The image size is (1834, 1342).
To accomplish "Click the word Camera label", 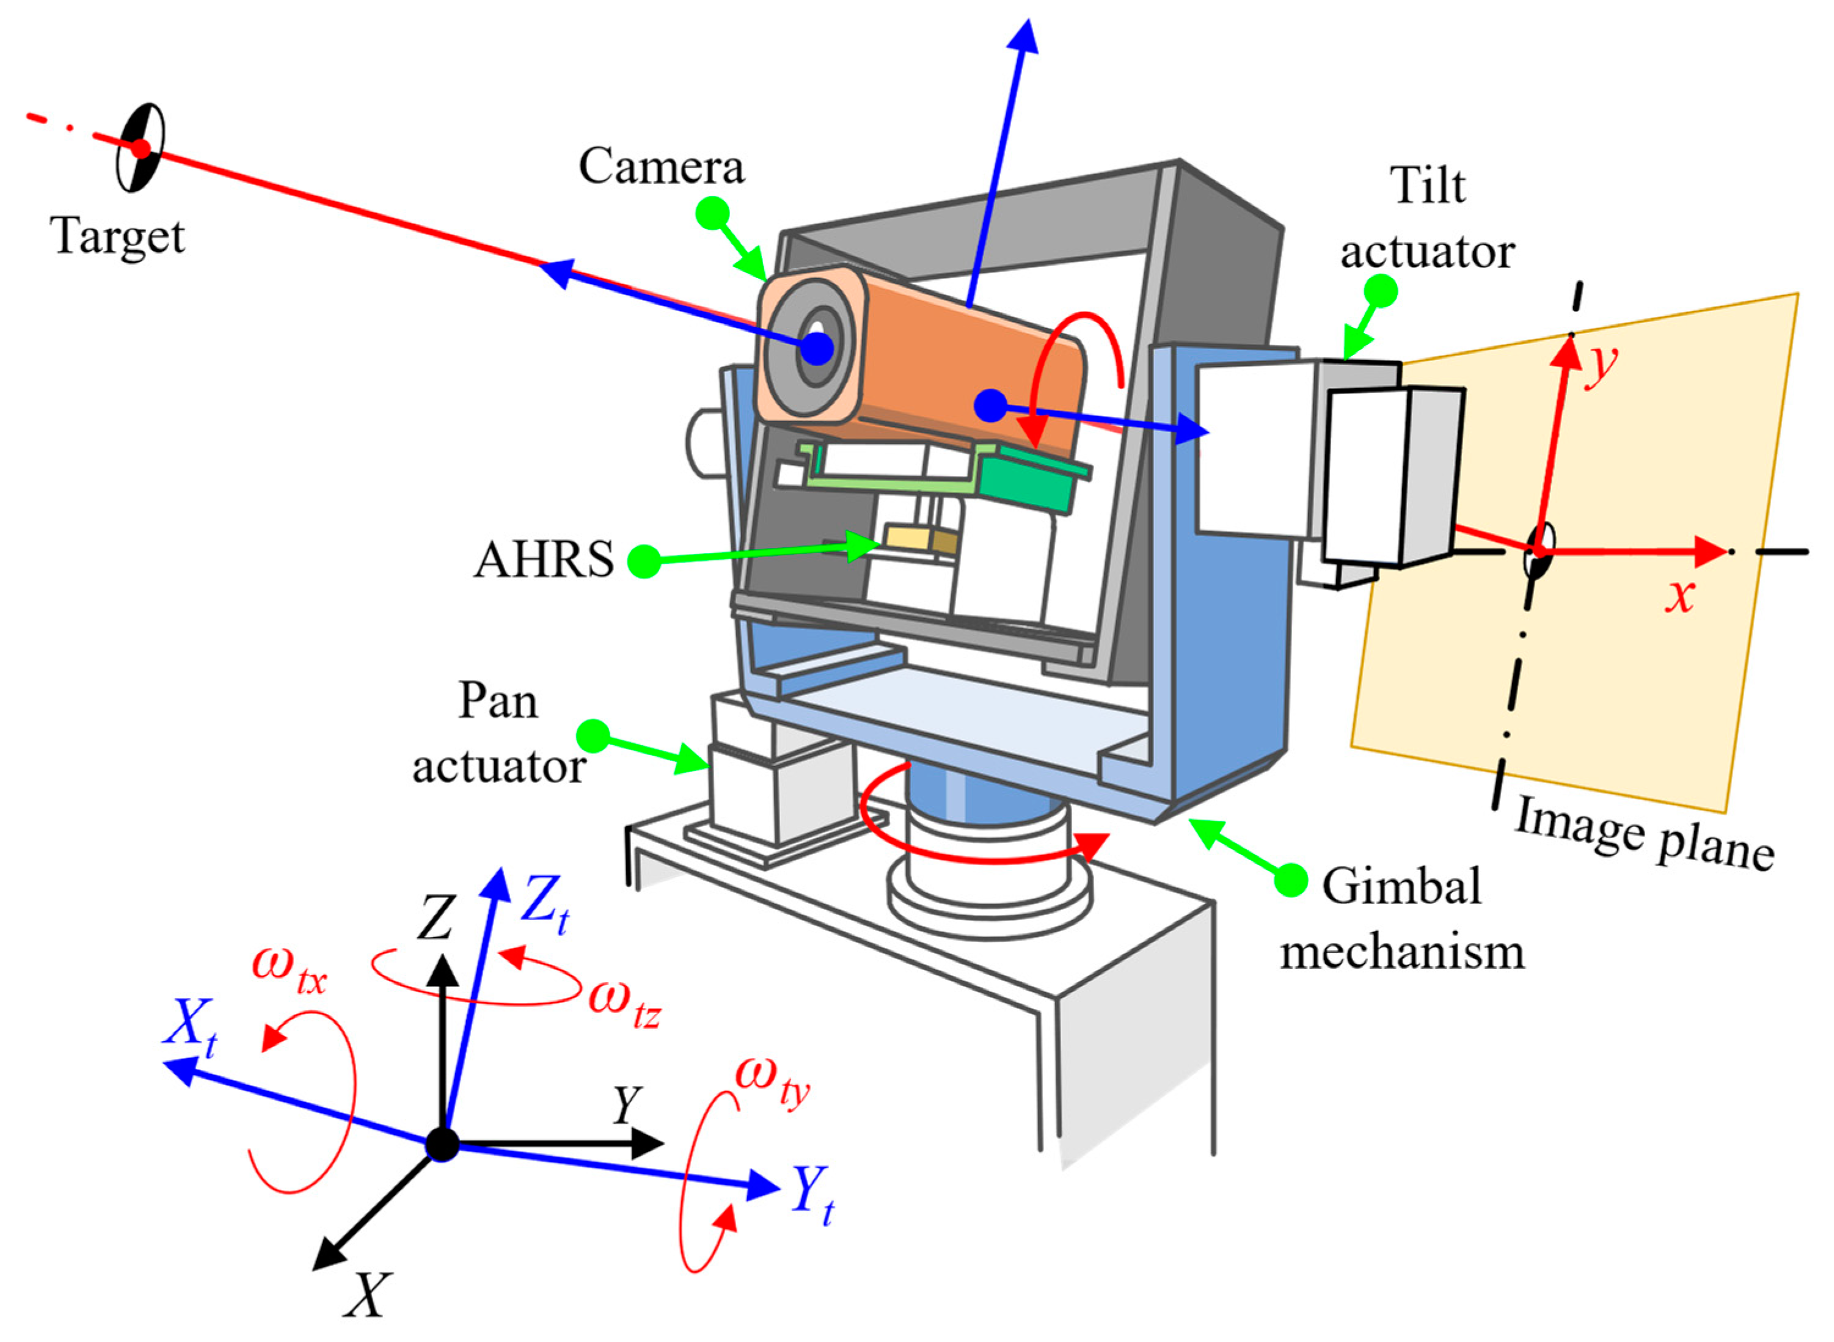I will tap(660, 167).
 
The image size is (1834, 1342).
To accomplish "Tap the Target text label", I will tap(118, 237).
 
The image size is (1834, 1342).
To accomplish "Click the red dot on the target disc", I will tap(141, 148).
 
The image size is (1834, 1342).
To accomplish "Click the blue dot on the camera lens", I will tap(817, 349).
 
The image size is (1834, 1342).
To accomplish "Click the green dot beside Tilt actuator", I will tap(1381, 290).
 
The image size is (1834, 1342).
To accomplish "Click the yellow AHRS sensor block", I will tap(908, 537).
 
